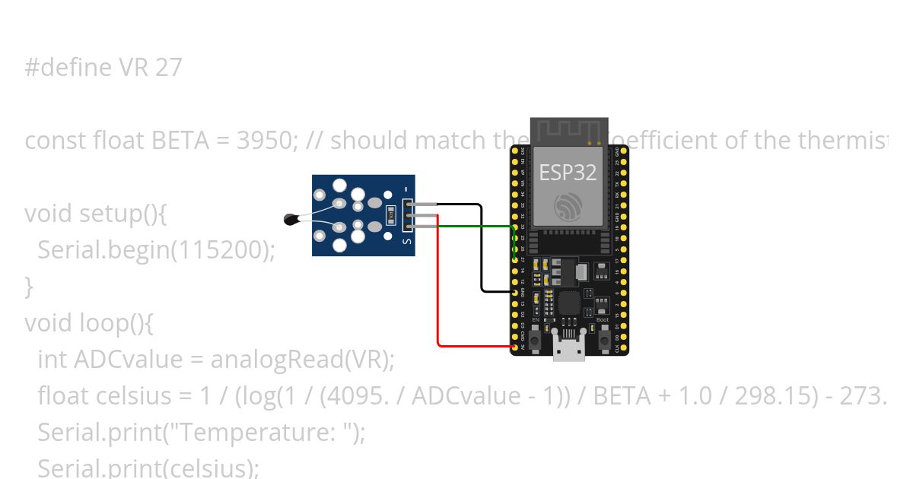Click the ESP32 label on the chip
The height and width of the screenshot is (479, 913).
(x=568, y=172)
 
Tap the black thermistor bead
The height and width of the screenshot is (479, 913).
(x=290, y=220)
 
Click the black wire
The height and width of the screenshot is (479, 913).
(x=482, y=251)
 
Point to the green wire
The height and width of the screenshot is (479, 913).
(x=476, y=226)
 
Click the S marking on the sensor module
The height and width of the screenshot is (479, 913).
(x=407, y=243)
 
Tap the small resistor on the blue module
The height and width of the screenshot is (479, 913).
(x=391, y=215)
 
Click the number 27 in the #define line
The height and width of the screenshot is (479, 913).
(x=168, y=68)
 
